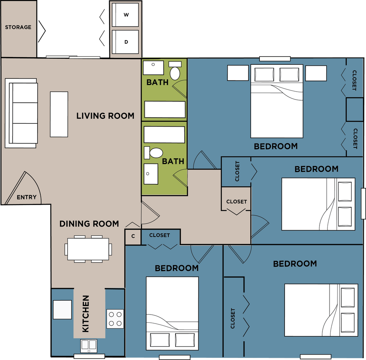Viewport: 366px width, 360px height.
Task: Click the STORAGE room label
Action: coord(18,27)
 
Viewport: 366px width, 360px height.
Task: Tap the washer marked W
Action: coord(125,15)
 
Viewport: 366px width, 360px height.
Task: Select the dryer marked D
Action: coord(125,42)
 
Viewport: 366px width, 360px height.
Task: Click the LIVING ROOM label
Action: coord(105,116)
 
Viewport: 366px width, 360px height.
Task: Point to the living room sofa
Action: coord(21,113)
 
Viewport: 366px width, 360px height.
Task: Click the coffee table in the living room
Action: coord(59,114)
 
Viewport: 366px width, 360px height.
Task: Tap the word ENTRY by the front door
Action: coord(26,197)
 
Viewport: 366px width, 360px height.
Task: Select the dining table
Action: coord(88,249)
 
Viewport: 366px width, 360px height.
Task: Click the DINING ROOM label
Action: coord(89,224)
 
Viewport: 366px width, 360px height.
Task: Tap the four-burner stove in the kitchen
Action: coord(115,319)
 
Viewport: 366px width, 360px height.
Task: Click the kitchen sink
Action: coord(89,346)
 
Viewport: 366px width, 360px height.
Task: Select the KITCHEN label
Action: coord(86,314)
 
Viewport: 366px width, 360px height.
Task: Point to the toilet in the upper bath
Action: coord(175,70)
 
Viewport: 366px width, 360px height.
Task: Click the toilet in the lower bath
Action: coord(154,153)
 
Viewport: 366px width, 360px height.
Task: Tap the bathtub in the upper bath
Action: coord(165,110)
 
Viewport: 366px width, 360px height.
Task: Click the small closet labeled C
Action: coord(133,237)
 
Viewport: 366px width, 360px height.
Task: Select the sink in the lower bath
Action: coord(151,174)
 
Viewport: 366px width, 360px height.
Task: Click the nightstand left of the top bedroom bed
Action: coord(238,73)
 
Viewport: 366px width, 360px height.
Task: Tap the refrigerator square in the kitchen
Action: coord(62,310)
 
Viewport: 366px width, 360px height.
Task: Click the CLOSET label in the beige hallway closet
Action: coord(237,201)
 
